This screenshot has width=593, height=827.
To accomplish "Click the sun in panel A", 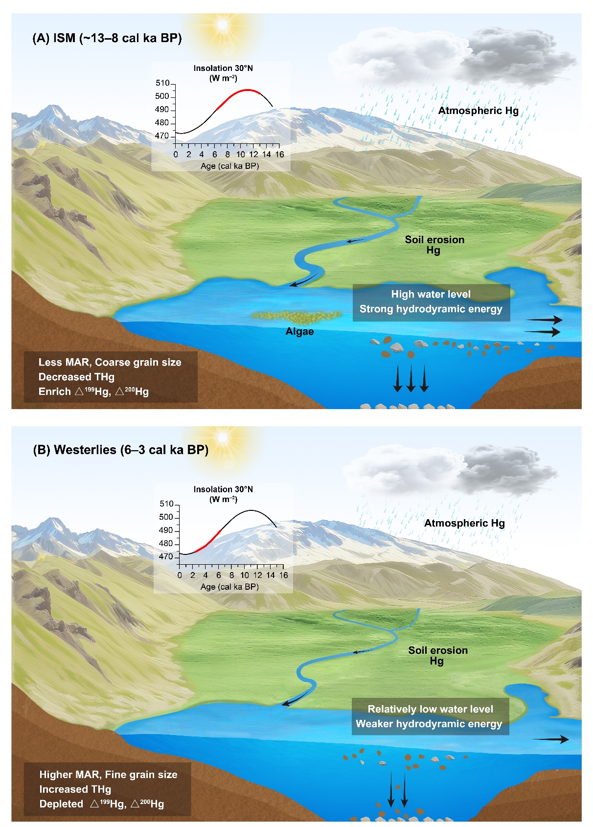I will coord(223,24).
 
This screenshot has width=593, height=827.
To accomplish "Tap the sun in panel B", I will coord(223,436).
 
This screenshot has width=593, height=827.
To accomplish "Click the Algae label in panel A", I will coord(299,332).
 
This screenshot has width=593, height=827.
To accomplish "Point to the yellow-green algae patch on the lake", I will coord(296,317).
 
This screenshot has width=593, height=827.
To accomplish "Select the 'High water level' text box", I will coord(431,302).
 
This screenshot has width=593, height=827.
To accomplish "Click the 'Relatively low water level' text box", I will coord(430,716).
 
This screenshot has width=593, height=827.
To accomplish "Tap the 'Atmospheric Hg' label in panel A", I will coord(478,111).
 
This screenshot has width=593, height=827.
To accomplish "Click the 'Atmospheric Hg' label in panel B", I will coord(464,523).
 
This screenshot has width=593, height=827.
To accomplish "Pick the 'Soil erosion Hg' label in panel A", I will coord(434,245).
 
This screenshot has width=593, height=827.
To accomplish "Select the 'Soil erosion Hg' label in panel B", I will coord(438,655).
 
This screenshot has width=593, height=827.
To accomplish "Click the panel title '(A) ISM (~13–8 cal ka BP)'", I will coord(107,38).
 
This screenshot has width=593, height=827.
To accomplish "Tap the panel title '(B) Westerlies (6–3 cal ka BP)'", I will coord(120,450).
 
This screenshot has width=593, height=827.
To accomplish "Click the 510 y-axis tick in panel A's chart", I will coord(162,83).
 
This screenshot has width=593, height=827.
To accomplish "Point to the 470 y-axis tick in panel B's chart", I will coord(166,556).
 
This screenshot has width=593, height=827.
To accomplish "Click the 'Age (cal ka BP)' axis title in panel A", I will coord(229,166).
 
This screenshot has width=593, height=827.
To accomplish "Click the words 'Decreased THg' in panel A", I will coord(76,377).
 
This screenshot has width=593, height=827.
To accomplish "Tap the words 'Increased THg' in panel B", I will coord(75,789).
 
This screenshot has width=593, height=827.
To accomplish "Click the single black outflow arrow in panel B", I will coord(550,739).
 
